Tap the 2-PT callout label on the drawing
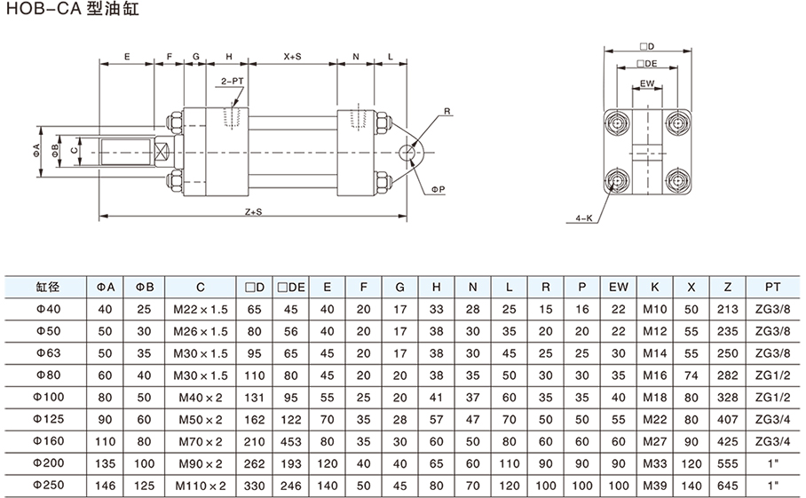pos(233,80)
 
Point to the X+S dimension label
pos(293,56)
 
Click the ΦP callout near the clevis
pos(438,189)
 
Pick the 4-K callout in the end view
pos(584,217)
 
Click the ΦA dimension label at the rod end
pos(37,147)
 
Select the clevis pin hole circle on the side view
pos(407,152)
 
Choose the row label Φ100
pos(47,396)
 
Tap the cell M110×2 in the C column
pos(201,486)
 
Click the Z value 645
pos(728,486)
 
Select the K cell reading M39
pos(654,486)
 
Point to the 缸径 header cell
pos(47,287)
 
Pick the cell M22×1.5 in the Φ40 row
pos(201,309)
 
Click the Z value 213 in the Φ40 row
pos(728,309)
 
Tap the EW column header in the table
pos(618,287)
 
